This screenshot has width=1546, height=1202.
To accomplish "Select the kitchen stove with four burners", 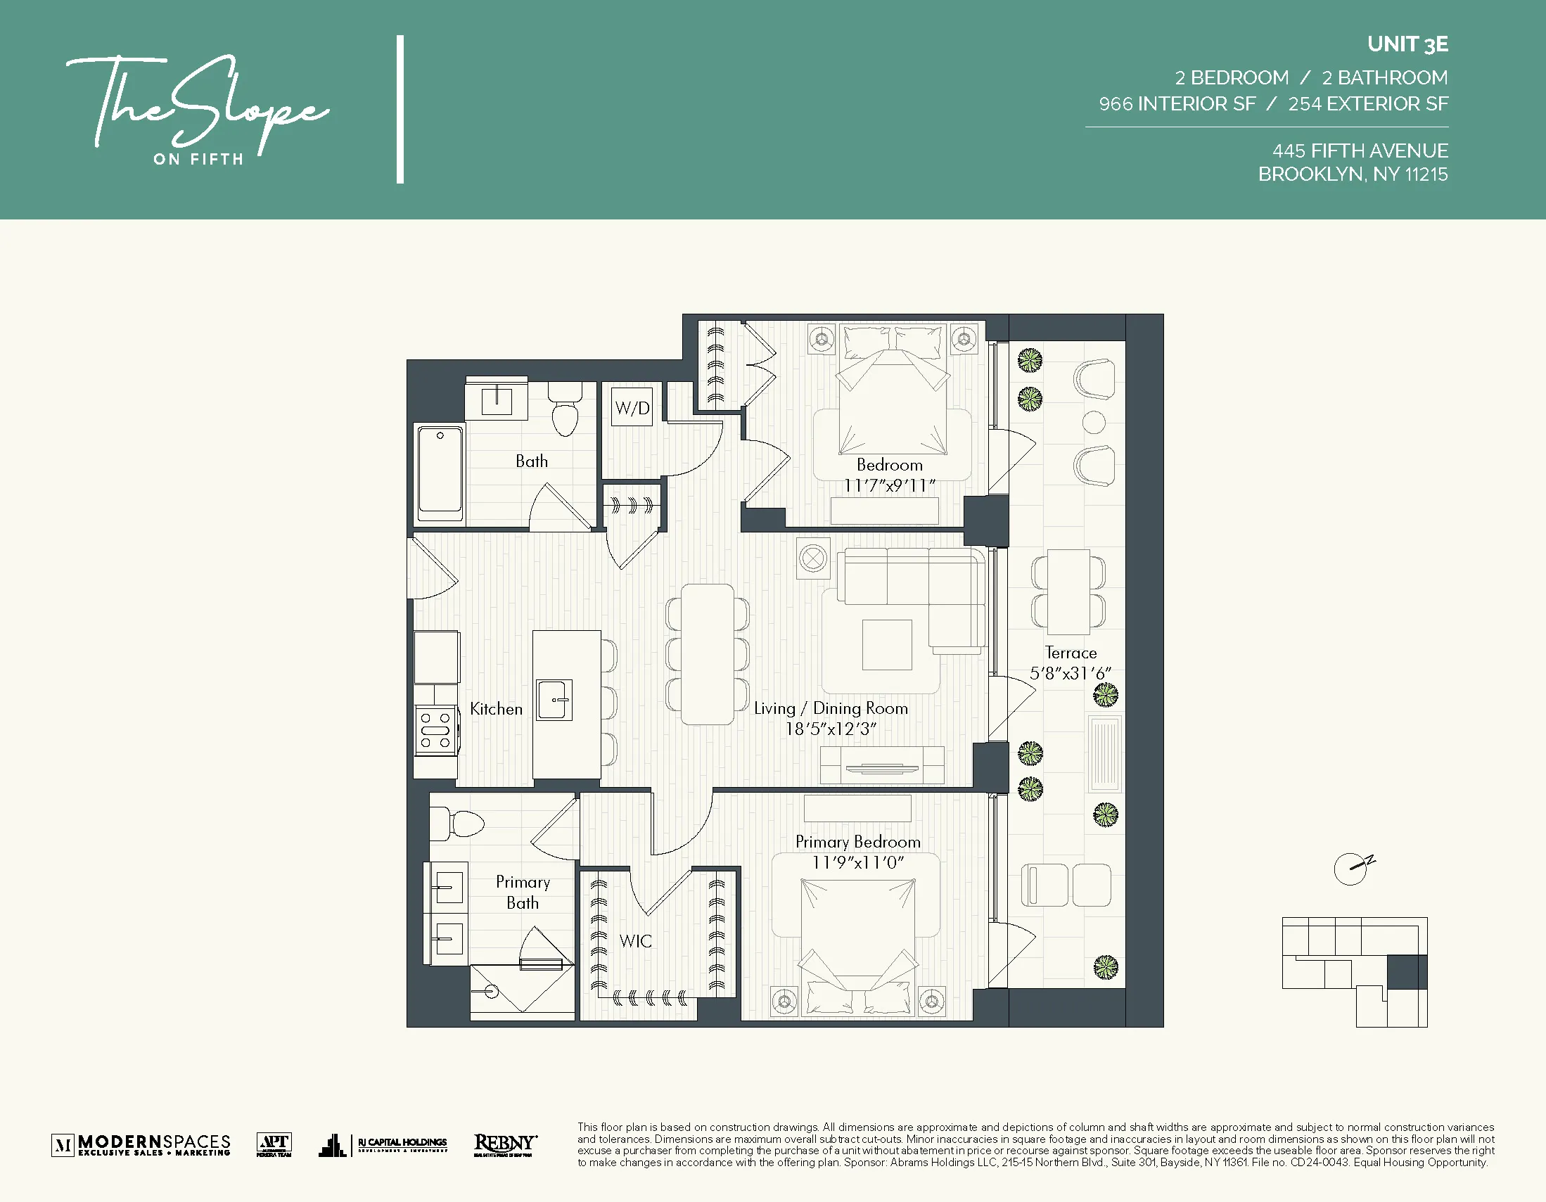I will point(435,731).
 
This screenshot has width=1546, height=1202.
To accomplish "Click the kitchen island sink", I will point(554,700).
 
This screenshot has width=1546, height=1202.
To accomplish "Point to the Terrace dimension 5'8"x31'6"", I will point(1071,673).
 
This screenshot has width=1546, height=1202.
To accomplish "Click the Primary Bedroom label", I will point(858,842).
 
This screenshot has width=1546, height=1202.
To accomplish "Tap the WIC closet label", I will point(635,941).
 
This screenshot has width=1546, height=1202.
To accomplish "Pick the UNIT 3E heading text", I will point(1407,44).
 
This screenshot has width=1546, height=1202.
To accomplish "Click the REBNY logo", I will point(505,1144).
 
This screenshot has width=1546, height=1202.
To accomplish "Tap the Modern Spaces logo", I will point(141,1144).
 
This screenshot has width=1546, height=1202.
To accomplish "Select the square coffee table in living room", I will point(887,644).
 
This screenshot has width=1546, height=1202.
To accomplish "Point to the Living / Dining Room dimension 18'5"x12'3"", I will point(831,729).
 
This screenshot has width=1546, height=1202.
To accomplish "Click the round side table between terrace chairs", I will point(1094,423).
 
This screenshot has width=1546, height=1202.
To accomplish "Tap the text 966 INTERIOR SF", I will point(1177,104).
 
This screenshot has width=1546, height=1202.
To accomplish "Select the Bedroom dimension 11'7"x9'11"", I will point(889,485).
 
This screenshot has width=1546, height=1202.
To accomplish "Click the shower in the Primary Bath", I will point(523,991).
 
